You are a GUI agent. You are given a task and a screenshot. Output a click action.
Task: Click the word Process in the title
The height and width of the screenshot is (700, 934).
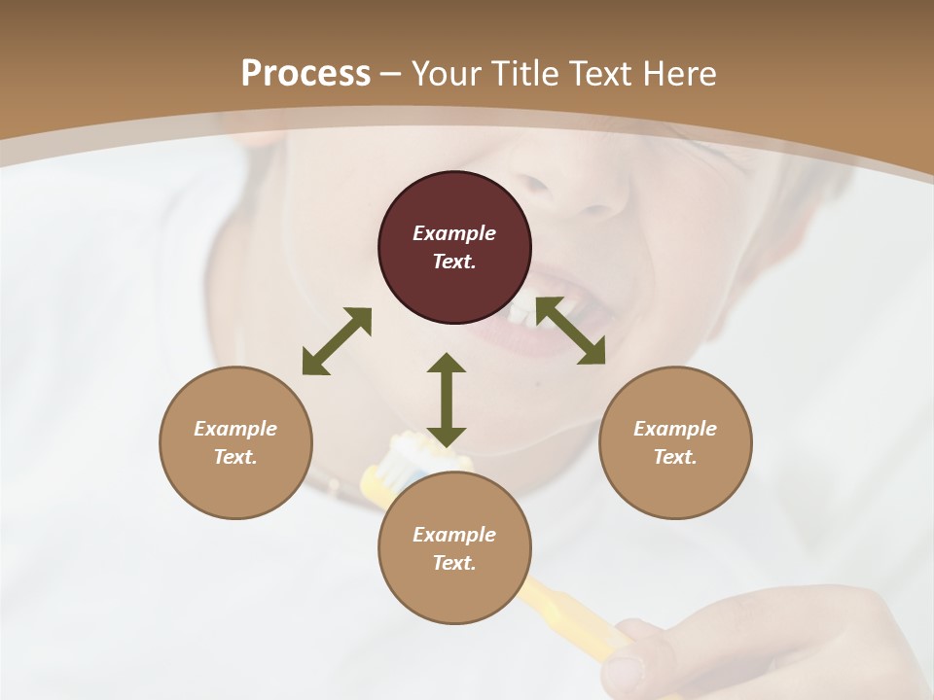pos(305,74)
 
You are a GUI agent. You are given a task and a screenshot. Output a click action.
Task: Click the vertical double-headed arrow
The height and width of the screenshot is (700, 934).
pos(447,400)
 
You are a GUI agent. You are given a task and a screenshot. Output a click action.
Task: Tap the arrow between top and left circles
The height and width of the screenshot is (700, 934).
pos(337,341)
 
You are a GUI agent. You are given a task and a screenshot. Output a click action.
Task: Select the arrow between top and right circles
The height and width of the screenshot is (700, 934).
pos(571,331)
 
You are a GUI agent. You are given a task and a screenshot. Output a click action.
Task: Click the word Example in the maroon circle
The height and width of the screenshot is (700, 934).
pos(454,233)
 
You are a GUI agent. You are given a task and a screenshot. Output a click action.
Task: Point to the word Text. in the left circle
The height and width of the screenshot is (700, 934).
pos(235,457)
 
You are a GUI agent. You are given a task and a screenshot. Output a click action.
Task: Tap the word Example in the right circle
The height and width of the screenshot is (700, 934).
pos(675,429)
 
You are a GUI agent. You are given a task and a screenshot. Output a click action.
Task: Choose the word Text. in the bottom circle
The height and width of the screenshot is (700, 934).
pos(454,563)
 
